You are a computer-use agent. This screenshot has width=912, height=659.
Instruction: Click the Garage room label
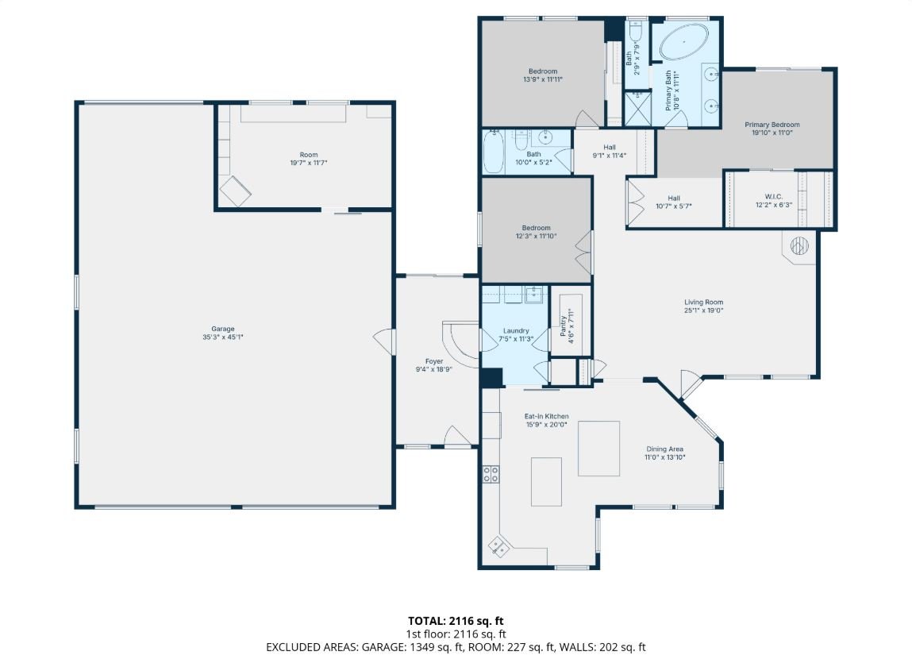click(x=223, y=329)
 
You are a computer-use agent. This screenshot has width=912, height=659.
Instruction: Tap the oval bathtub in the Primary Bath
click(x=684, y=41)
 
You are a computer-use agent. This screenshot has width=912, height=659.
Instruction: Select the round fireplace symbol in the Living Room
click(x=799, y=246)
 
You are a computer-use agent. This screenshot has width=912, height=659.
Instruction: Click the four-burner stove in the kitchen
click(x=491, y=474)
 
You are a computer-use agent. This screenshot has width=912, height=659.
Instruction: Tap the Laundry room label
click(x=516, y=330)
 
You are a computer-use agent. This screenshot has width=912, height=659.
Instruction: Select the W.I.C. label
click(x=774, y=197)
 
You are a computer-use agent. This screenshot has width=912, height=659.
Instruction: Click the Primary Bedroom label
click(x=772, y=125)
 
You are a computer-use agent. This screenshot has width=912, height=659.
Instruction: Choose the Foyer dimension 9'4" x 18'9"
click(x=434, y=368)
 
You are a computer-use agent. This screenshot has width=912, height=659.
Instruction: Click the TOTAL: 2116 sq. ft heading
click(x=456, y=621)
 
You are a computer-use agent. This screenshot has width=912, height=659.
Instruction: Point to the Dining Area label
click(x=665, y=449)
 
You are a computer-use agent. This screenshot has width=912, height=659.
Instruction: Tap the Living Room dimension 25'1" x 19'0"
click(x=704, y=310)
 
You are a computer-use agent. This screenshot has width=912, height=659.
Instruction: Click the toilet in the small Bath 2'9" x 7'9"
click(x=635, y=29)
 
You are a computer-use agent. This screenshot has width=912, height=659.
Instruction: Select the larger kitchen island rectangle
click(x=598, y=449)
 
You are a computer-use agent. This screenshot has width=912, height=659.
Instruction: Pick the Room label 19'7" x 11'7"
click(x=309, y=159)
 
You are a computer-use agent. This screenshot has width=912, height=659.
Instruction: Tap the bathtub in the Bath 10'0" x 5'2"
click(x=493, y=151)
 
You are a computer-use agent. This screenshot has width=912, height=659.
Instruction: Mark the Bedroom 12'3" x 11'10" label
click(x=536, y=232)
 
